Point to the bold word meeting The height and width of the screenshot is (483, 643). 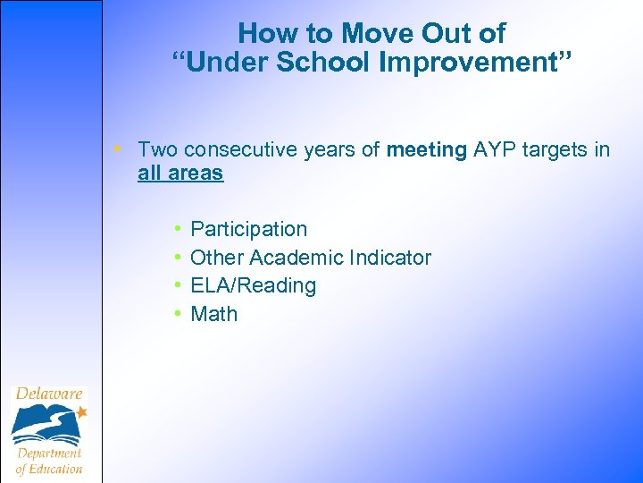(427, 149)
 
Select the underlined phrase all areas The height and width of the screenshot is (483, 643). (180, 173)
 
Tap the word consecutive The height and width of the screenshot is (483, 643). (238, 149)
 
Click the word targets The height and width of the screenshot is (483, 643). (559, 149)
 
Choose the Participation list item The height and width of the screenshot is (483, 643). (248, 229)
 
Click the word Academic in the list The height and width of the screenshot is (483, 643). (304, 258)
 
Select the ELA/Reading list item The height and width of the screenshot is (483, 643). (254, 285)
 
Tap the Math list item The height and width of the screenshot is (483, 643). (214, 314)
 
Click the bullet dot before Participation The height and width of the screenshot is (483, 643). (179, 229)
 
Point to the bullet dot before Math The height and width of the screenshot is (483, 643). (179, 314)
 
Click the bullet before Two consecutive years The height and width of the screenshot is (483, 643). (126, 149)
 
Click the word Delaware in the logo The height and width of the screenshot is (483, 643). (48, 394)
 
